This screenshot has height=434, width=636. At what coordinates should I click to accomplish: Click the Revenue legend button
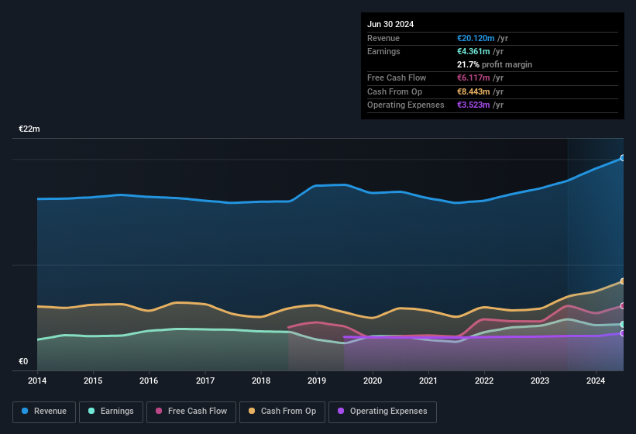point(45,411)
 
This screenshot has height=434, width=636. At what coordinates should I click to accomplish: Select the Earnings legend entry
point(111,411)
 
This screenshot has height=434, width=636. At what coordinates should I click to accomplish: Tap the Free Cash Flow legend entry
point(191,411)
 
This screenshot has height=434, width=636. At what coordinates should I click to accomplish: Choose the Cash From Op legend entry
point(282,411)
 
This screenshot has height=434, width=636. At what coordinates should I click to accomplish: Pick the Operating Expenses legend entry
point(382,411)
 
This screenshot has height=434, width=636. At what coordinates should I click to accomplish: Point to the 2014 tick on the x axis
point(37,381)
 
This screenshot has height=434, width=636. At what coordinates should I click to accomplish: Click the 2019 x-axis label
point(317,381)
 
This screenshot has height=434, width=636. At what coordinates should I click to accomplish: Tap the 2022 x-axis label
point(484,381)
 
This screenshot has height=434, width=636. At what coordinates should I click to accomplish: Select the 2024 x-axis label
point(596,381)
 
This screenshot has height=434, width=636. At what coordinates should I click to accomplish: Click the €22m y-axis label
point(29,129)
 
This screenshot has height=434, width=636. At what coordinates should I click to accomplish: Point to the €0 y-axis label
point(23,361)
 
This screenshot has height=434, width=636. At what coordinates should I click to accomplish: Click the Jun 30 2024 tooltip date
point(390,24)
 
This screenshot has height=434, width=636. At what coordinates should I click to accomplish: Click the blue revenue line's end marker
point(623,158)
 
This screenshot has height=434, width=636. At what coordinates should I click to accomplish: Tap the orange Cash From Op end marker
point(623,281)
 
